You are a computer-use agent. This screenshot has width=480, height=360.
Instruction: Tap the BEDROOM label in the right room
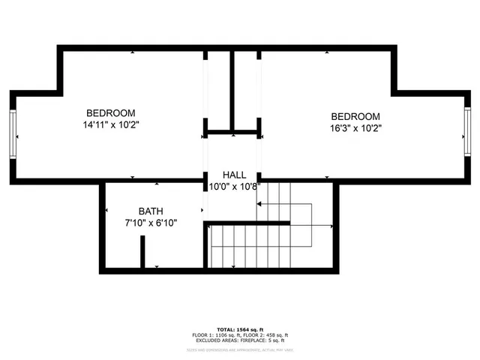click(355, 116)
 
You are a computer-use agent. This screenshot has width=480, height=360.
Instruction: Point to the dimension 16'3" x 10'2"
click(355, 128)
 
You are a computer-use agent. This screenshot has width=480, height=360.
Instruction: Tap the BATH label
click(151, 211)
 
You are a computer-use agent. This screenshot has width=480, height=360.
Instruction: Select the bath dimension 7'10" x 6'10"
click(151, 223)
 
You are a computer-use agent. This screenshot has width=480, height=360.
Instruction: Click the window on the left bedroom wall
click(12, 136)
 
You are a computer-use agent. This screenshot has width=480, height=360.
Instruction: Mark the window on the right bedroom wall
click(467, 132)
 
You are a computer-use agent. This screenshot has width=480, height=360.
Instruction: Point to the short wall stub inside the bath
click(142, 252)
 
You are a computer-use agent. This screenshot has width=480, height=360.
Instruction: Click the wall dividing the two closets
click(232, 91)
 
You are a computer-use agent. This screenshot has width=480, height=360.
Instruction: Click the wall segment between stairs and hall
click(247, 223)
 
